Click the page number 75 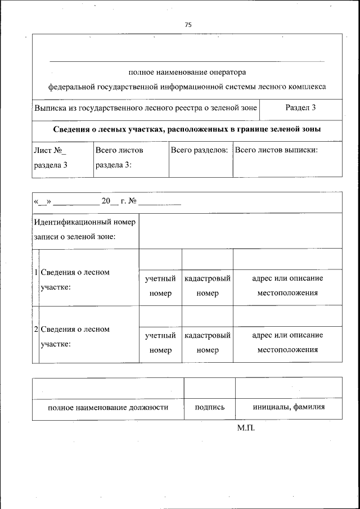188,24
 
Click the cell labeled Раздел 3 300,107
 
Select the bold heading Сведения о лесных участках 187,129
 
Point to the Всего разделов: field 199,151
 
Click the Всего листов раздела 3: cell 119,157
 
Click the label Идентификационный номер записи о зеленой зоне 84,229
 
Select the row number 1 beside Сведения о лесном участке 35,273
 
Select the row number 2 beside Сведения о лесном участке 35,330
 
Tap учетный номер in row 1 160,286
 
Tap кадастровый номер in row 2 208,343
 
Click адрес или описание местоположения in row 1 287,286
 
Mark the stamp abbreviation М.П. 246,429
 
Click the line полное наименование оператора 187,72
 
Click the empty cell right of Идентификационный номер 240,231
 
